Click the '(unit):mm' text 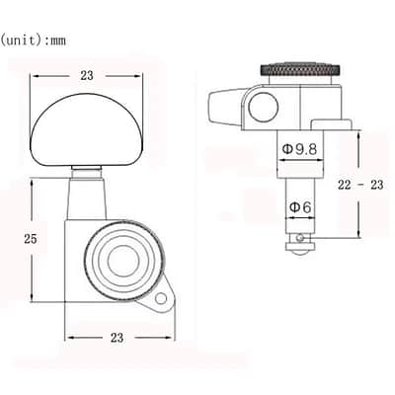coord(33,40)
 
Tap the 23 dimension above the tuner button coord(87,76)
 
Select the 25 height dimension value coord(31,239)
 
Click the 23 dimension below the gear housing coord(117,338)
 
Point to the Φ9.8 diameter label coord(299,149)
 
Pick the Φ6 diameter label coord(300,207)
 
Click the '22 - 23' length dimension coord(360,185)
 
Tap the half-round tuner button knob coord(87,129)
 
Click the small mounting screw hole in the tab coord(161,299)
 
